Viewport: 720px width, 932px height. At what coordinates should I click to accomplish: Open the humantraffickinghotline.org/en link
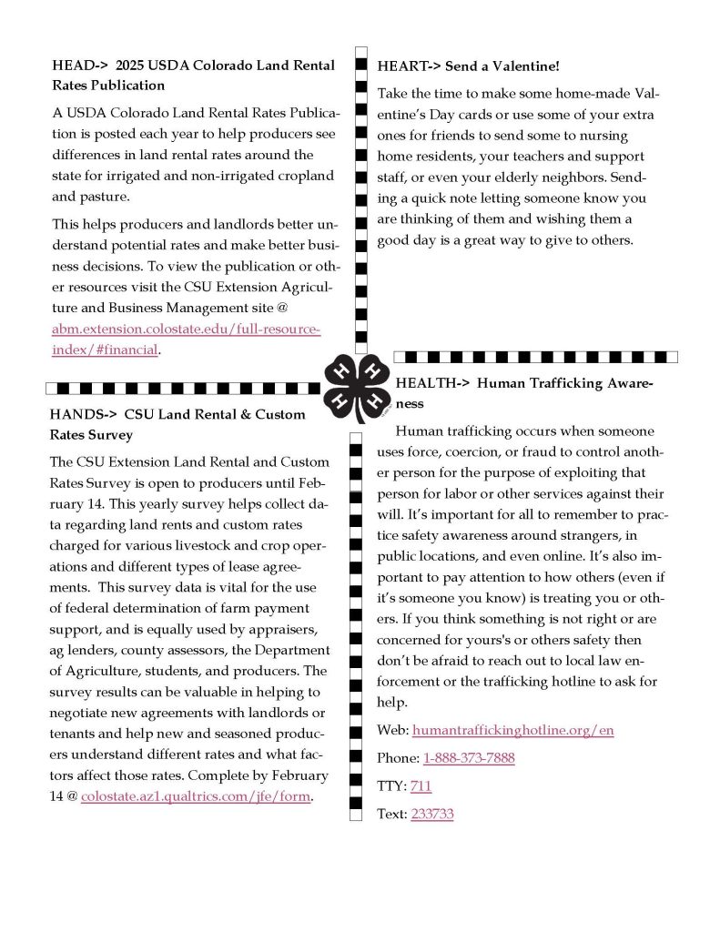(512, 730)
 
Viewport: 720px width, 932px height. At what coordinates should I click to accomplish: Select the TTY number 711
(421, 785)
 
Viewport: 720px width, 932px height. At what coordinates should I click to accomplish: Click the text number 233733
(431, 814)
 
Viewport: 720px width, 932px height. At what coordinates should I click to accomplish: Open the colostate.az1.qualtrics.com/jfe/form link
(196, 796)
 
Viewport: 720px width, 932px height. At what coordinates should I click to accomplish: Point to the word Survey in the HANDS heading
(111, 435)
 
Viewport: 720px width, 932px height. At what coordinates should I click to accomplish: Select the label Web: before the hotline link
(391, 730)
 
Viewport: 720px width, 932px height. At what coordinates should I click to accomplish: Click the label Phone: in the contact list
(397, 758)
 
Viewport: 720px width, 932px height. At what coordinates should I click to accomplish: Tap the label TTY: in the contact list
(391, 785)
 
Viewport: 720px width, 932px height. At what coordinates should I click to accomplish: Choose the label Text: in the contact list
(391, 814)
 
